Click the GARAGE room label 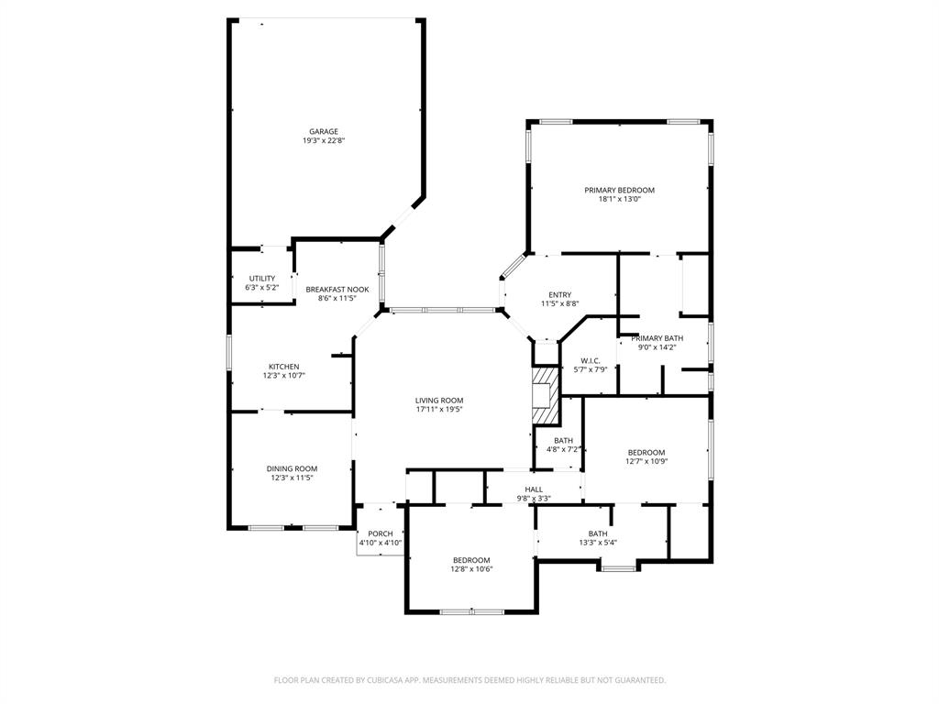pyautogui.click(x=323, y=131)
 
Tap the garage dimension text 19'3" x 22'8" pyautogui.click(x=323, y=140)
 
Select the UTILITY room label pyautogui.click(x=261, y=279)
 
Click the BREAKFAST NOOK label pyautogui.click(x=337, y=289)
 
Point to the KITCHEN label pyautogui.click(x=283, y=367)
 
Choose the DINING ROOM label pyautogui.click(x=292, y=468)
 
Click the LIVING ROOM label pyautogui.click(x=439, y=400)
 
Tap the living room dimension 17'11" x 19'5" pyautogui.click(x=439, y=410)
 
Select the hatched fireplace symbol pyautogui.click(x=546, y=396)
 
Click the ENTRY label pyautogui.click(x=559, y=294)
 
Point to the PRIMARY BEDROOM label pyautogui.click(x=620, y=190)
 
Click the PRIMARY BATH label pyautogui.click(x=657, y=338)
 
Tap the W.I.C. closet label pyautogui.click(x=591, y=360)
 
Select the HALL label pyautogui.click(x=534, y=489)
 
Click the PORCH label pyautogui.click(x=381, y=533)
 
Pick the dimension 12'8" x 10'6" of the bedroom pyautogui.click(x=471, y=569)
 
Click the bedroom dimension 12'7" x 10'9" pyautogui.click(x=646, y=461)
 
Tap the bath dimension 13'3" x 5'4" pyautogui.click(x=598, y=542)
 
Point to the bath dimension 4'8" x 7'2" pyautogui.click(x=563, y=449)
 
